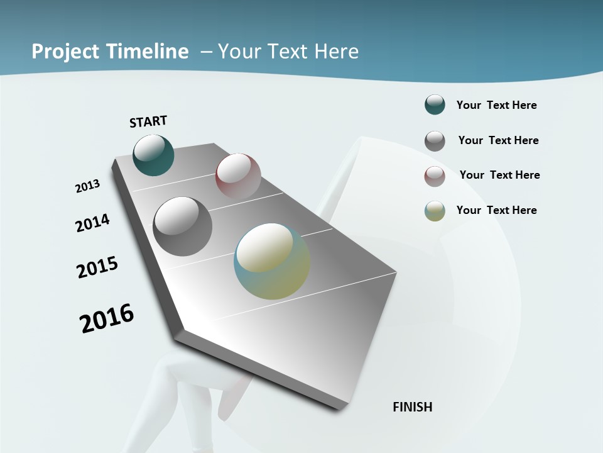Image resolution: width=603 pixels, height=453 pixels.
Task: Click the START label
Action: point(148,121)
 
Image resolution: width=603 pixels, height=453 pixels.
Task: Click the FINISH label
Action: point(413,407)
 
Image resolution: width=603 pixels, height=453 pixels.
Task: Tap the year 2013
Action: point(88,186)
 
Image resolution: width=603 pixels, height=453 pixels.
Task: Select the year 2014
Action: point(92,223)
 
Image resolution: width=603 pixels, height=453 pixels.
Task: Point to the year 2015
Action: point(97,267)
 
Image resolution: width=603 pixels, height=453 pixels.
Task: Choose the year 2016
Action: point(107,318)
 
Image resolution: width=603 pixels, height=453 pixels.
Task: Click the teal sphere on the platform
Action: point(153,155)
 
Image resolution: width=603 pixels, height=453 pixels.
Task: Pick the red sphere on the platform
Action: point(238,176)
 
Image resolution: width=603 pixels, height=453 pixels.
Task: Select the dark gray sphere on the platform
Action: point(182,226)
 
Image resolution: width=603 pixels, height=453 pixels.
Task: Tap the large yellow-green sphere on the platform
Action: point(272,261)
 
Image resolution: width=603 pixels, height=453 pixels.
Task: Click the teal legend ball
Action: point(435,104)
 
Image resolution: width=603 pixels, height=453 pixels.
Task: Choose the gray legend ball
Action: point(435,141)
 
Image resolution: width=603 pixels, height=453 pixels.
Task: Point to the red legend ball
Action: point(435,176)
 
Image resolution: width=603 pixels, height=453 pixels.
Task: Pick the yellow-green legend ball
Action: point(435,211)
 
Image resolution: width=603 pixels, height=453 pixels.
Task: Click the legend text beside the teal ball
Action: point(496,105)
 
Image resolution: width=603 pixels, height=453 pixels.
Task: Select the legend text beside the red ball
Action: point(499,175)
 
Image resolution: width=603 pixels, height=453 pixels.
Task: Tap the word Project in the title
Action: point(66,52)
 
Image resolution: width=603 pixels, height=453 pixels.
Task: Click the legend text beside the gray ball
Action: point(498,140)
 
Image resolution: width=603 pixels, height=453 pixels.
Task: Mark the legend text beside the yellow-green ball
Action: point(496,210)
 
